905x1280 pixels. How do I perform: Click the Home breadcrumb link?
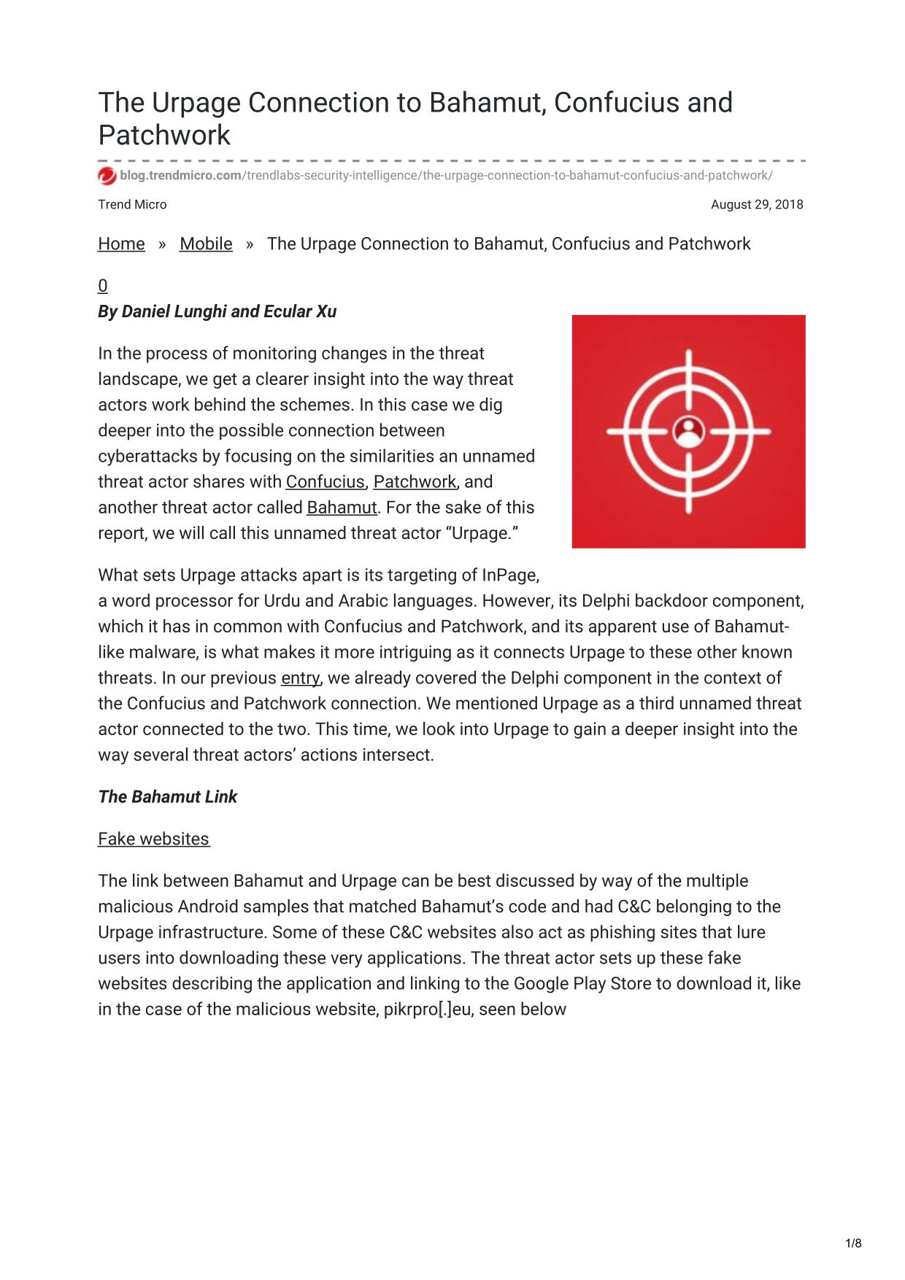(x=121, y=244)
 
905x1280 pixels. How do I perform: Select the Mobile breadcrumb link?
(x=206, y=244)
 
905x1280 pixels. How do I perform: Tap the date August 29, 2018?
(x=756, y=205)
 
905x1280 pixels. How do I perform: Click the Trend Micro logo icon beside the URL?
(x=107, y=176)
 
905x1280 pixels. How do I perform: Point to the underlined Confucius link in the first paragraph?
(x=325, y=482)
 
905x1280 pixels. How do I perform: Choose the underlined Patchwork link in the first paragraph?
(x=415, y=482)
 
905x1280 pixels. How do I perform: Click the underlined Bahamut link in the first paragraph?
(x=342, y=508)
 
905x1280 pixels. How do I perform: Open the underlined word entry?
(x=300, y=678)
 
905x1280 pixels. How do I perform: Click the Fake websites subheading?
(x=154, y=839)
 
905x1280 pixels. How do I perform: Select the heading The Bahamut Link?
(x=168, y=797)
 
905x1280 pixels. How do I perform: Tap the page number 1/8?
(x=853, y=1244)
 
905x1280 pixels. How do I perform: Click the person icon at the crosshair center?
(x=688, y=431)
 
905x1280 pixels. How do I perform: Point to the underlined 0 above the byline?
(x=103, y=286)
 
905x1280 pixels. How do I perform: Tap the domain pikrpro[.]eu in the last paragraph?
(x=428, y=1010)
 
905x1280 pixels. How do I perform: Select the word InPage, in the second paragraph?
(x=510, y=575)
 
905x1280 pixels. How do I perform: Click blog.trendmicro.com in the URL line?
(x=181, y=176)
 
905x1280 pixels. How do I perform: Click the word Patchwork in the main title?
(x=164, y=136)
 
